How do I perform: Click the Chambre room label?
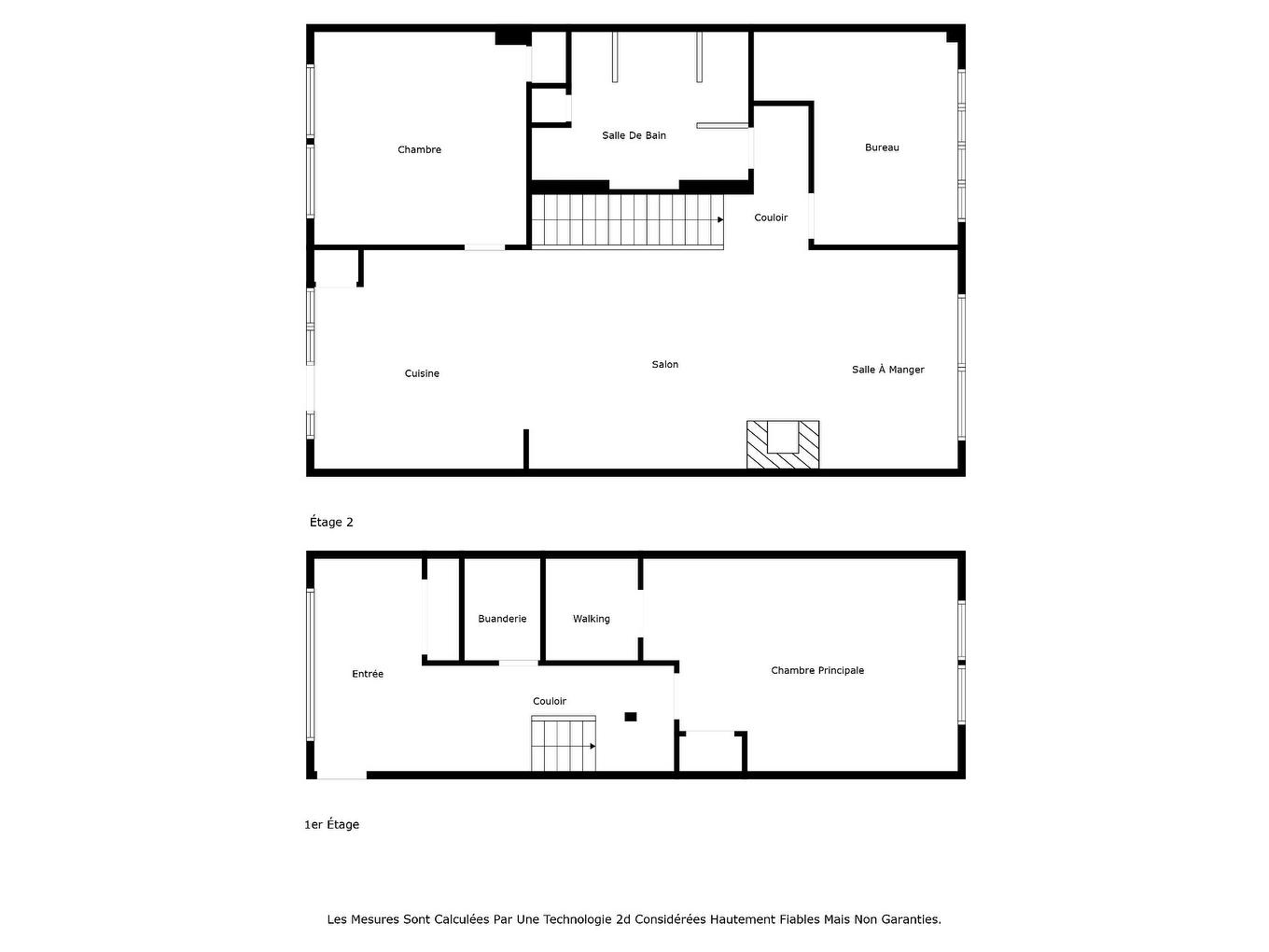[419, 149]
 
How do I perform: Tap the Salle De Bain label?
[634, 135]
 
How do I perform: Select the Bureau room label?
[882, 147]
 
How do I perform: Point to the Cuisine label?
[422, 373]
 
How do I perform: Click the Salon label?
[664, 365]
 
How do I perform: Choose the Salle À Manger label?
[887, 370]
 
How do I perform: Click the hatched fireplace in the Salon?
[783, 445]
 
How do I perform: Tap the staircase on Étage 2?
[626, 220]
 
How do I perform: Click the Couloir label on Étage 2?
[771, 217]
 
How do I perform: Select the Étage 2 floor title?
[331, 523]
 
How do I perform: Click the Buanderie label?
[502, 619]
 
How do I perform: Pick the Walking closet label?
[591, 619]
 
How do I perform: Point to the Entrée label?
[368, 674]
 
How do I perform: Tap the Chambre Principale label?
[817, 670]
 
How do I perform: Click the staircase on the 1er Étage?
[563, 745]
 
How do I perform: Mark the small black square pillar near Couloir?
[631, 717]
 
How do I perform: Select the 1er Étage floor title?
[331, 825]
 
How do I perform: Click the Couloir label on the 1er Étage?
[550, 701]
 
